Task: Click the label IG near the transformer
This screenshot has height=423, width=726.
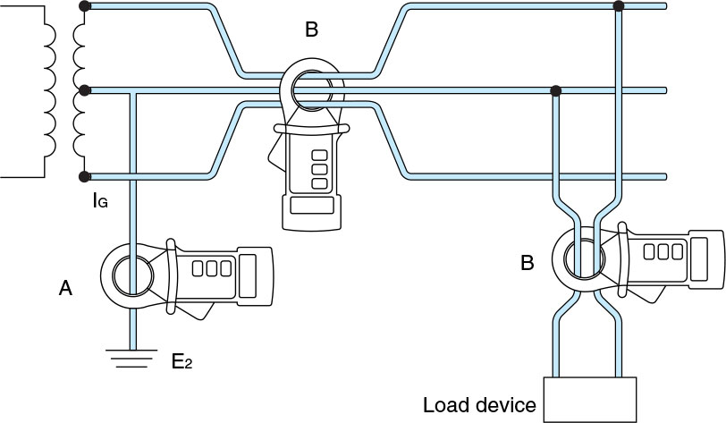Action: click(x=100, y=200)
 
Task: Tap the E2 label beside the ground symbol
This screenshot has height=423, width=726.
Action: click(x=181, y=361)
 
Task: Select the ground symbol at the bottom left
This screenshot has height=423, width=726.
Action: click(x=131, y=358)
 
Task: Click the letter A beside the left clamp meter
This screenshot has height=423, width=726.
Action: click(x=66, y=289)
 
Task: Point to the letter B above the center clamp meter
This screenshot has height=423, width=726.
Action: click(x=312, y=30)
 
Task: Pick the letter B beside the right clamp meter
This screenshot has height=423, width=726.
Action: click(x=528, y=263)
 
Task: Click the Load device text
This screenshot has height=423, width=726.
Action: click(x=479, y=405)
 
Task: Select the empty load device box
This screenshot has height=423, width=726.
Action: click(x=590, y=400)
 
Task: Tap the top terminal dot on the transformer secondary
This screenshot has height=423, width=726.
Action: click(x=84, y=6)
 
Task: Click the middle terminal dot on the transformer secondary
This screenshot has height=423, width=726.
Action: click(x=84, y=90)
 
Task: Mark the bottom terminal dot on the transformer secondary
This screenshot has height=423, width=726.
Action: click(x=84, y=176)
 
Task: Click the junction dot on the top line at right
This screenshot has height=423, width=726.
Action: click(x=618, y=6)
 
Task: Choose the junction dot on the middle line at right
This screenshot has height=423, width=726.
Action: click(x=556, y=90)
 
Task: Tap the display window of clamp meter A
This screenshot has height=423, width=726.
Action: click(x=248, y=275)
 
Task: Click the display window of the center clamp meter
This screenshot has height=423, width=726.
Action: click(x=312, y=205)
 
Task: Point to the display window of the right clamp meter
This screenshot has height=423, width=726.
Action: click(x=698, y=259)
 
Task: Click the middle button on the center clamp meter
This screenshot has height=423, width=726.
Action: click(x=319, y=169)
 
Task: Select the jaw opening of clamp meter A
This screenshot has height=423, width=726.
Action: click(x=133, y=276)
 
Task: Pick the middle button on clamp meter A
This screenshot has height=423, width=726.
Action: click(x=212, y=268)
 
